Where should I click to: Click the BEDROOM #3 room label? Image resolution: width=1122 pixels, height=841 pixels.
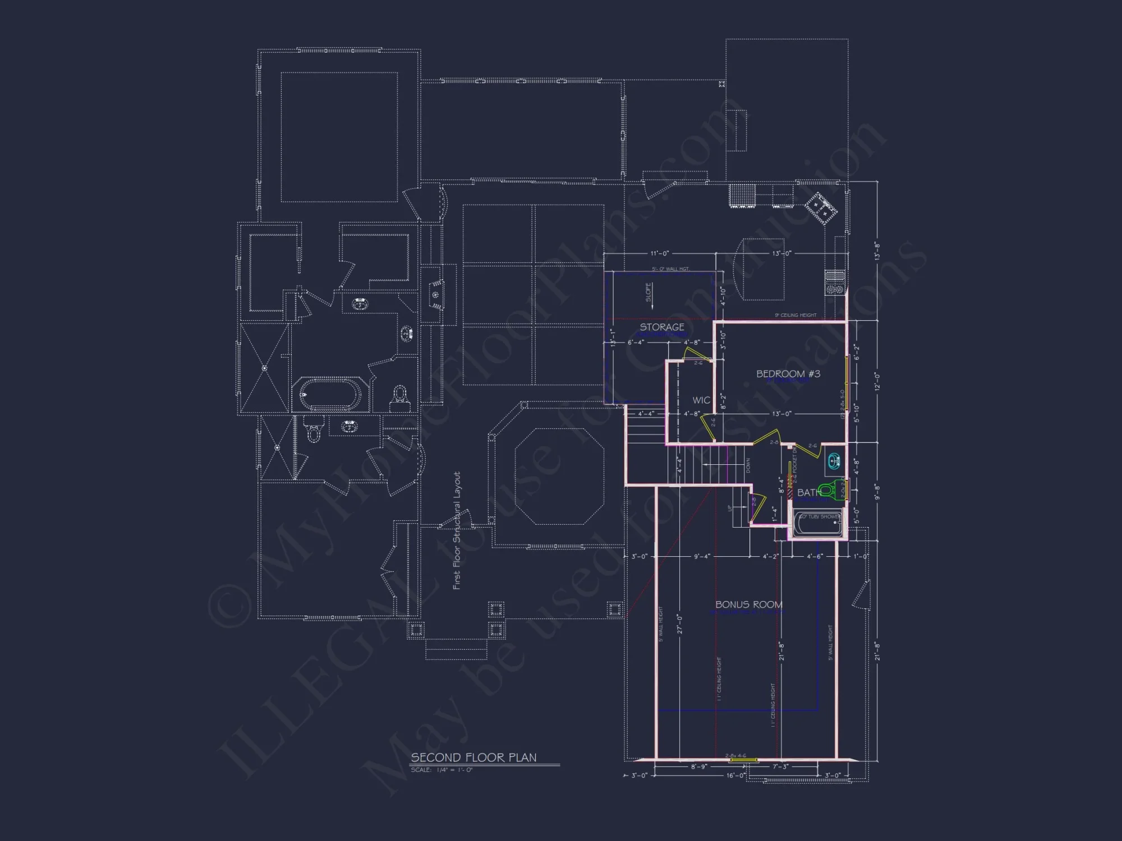click(x=788, y=374)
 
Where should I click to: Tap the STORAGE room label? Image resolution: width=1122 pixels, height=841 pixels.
click(x=662, y=327)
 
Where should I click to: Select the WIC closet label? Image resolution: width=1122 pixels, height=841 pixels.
click(x=701, y=400)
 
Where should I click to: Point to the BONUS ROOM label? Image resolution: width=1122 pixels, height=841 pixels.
click(x=748, y=604)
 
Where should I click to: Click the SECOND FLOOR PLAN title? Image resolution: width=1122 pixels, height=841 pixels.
click(x=473, y=757)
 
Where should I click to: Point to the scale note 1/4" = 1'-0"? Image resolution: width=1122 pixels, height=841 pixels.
click(x=442, y=770)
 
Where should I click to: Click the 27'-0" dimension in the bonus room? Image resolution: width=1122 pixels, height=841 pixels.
click(x=679, y=624)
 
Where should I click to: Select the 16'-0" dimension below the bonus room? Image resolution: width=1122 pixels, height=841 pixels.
click(x=735, y=776)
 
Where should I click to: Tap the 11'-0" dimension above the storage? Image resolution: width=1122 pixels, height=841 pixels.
click(x=660, y=254)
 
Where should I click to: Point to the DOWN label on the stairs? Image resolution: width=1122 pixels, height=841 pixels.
click(x=748, y=465)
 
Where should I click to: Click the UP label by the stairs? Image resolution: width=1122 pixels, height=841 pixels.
click(x=730, y=508)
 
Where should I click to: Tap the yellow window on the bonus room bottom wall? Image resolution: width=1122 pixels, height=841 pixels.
click(x=741, y=760)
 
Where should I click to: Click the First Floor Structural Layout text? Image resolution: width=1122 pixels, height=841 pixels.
click(x=457, y=530)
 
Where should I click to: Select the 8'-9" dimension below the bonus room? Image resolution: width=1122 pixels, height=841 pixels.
click(x=698, y=767)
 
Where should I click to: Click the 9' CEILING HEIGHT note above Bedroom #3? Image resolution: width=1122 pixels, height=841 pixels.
click(x=795, y=316)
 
